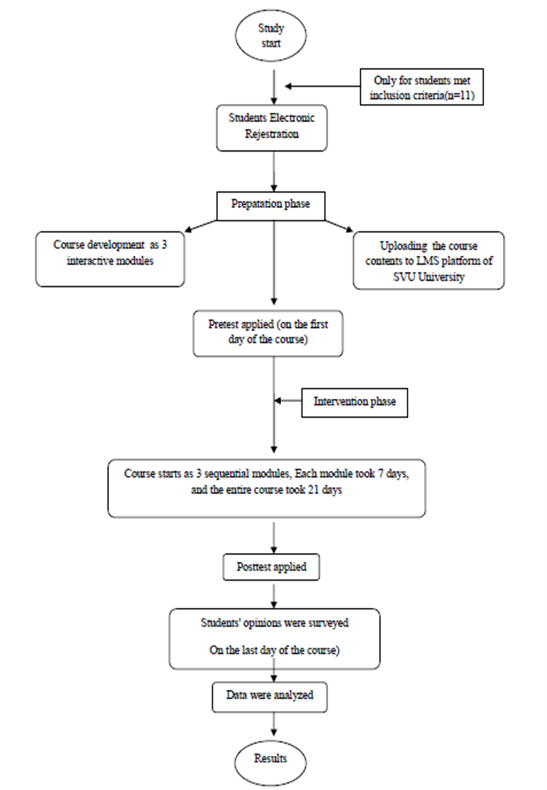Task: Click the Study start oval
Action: tap(271, 35)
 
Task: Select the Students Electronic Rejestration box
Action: tap(272, 128)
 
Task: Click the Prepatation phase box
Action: tap(271, 206)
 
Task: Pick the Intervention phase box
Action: tap(354, 402)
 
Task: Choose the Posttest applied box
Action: tap(271, 567)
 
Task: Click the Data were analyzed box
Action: tap(270, 697)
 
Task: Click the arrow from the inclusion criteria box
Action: tap(322, 86)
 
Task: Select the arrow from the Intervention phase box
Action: tap(288, 401)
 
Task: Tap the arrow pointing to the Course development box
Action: tap(200, 226)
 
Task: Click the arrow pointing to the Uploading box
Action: tap(339, 226)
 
